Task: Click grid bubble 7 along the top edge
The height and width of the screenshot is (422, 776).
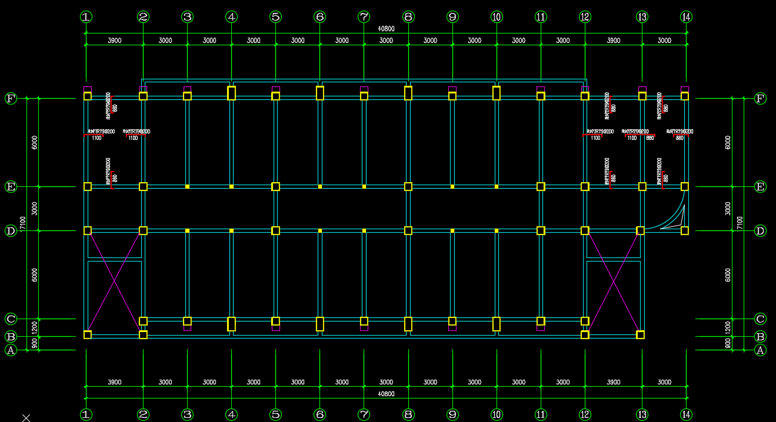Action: pos(364,17)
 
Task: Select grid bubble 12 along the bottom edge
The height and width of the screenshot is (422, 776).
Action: pos(585,414)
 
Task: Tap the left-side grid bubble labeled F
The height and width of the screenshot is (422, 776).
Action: pos(11,98)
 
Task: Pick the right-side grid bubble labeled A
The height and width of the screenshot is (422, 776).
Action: pos(760,350)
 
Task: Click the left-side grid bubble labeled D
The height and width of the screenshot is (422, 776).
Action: pos(11,231)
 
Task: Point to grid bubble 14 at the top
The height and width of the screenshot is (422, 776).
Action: pos(686,17)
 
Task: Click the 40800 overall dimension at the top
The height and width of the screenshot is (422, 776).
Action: pos(386,29)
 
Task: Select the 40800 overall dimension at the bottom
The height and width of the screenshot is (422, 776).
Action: pos(386,394)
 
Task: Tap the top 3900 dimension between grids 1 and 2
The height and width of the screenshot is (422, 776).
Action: pos(115,41)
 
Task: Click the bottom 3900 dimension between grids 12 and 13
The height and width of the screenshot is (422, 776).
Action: pos(613,382)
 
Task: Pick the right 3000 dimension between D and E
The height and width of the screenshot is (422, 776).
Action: pos(728,208)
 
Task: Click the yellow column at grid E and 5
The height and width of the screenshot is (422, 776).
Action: pos(275,186)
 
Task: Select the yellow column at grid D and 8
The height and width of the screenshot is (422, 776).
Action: pos(408,230)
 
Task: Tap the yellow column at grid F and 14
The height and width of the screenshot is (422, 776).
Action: pos(685,96)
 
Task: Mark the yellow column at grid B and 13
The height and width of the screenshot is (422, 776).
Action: pos(640,335)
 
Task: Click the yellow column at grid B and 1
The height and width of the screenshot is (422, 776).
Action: pos(88,335)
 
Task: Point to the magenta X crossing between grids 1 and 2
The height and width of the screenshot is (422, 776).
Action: pos(115,282)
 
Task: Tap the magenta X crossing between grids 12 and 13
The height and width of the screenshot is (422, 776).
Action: pos(613,282)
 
